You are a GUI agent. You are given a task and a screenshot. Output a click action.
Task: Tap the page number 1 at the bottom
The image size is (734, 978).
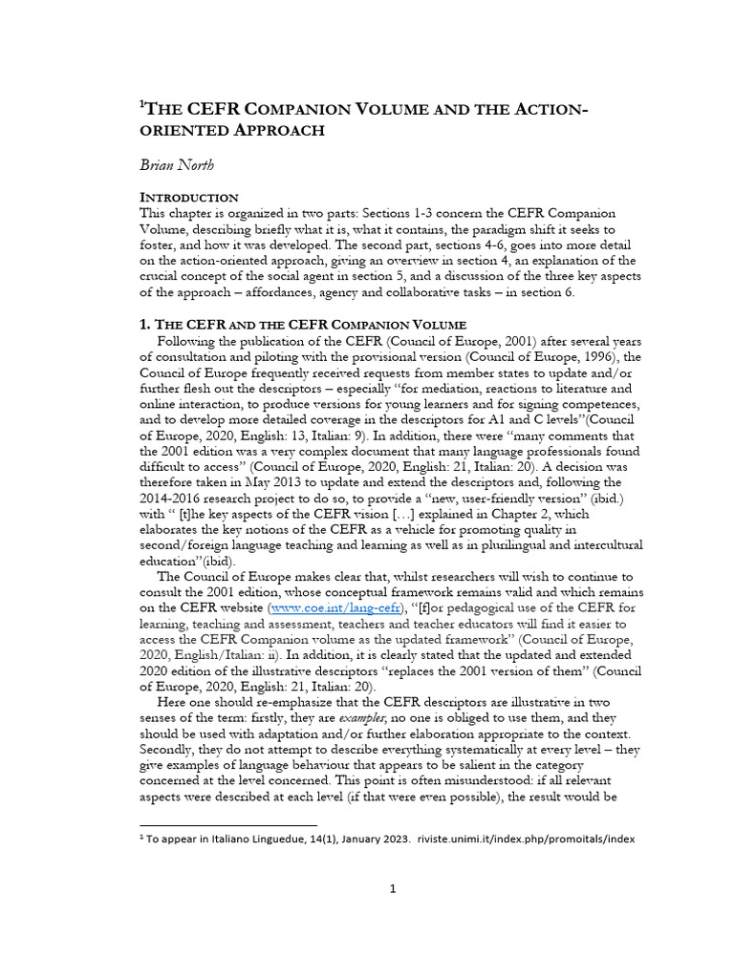point(392,889)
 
